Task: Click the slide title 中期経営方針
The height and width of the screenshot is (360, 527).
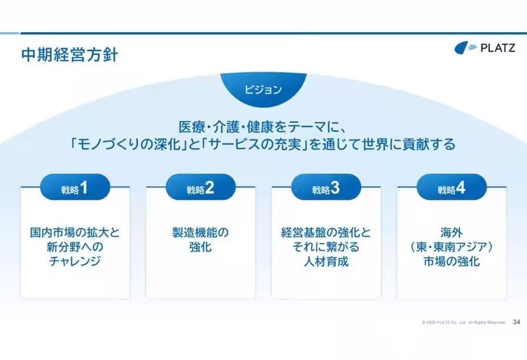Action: [x=70, y=55]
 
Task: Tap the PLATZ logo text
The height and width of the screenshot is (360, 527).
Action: [x=498, y=47]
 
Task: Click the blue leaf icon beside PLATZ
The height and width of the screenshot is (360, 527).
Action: [x=465, y=47]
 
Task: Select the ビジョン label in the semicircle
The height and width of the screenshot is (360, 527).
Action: [x=263, y=90]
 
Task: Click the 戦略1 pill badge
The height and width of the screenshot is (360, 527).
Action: [x=75, y=187]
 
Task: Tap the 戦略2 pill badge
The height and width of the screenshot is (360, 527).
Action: [x=201, y=187]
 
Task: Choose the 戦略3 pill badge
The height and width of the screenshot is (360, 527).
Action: [x=326, y=187]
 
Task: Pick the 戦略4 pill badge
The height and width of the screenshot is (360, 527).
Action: [x=452, y=187]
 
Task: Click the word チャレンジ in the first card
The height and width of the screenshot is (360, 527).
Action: [x=75, y=261]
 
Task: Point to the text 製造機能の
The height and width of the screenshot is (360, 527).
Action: [x=200, y=232]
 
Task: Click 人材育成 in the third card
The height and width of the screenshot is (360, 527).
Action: [x=326, y=261]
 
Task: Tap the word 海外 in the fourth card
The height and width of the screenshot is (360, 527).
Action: [x=452, y=232]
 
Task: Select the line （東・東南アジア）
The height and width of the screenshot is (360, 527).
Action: [x=452, y=247]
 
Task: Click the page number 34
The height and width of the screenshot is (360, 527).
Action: [x=516, y=322]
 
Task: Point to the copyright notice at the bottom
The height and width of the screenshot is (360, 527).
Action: [x=464, y=322]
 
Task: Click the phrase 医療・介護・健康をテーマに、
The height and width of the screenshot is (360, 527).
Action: [x=263, y=127]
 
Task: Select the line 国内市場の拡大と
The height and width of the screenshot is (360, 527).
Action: [x=75, y=232]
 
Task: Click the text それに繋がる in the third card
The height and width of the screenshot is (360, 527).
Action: [x=326, y=247]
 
